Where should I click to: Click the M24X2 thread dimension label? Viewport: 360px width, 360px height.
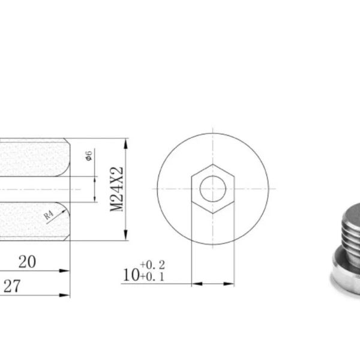point(116,189)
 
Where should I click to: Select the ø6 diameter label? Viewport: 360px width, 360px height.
point(89,155)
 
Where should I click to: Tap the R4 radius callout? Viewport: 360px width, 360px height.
point(49,215)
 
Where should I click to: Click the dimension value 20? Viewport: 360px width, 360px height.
point(27,262)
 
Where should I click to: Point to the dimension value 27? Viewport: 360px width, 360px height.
point(12,286)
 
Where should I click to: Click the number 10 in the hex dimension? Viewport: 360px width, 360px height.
point(131,275)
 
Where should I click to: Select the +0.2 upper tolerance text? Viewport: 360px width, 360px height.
point(152,265)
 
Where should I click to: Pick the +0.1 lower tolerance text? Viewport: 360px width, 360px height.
point(152,277)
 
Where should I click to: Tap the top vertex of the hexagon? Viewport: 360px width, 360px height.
point(213,164)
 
